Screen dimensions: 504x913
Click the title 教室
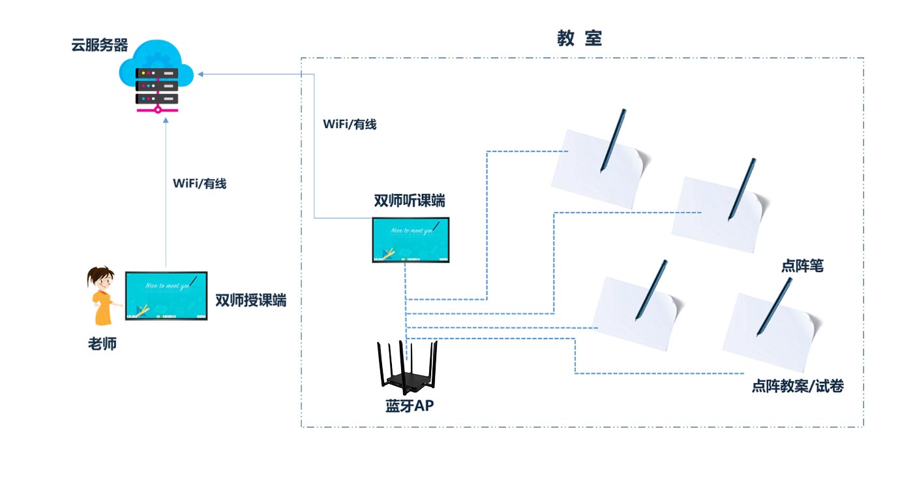coord(579,39)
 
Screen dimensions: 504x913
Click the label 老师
coord(102,343)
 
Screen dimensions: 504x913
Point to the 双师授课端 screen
coord(166,295)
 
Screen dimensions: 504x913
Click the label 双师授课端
coord(250,301)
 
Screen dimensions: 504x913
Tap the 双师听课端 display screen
coord(412,240)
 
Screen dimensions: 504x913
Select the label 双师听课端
coord(410,201)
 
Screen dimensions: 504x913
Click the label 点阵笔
coord(802,266)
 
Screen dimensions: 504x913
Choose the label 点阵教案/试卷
coord(798,386)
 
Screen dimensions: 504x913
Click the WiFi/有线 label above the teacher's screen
coord(200,184)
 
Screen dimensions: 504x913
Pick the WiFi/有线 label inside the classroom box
coord(350,124)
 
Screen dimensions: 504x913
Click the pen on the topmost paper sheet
coord(613,140)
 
